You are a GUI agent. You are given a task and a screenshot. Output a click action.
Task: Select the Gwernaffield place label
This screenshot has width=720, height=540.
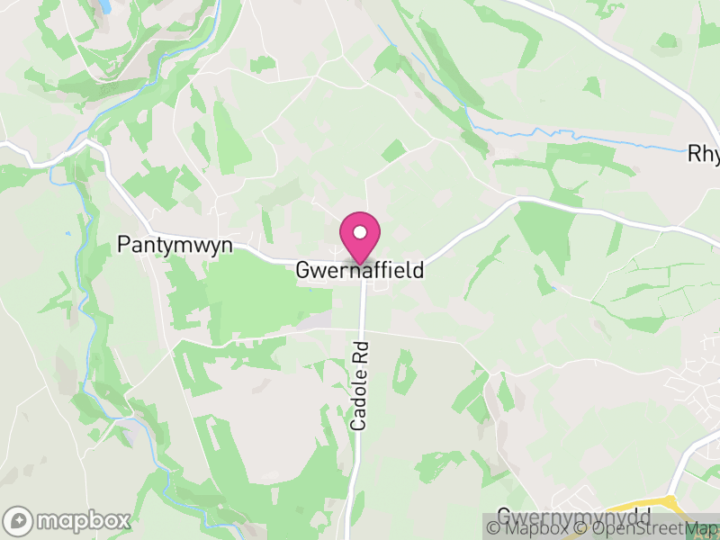click(x=360, y=270)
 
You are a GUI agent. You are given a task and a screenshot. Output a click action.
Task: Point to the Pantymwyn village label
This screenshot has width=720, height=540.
click(x=175, y=245)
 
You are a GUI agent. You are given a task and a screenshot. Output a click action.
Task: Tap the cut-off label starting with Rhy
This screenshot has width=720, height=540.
click(x=703, y=154)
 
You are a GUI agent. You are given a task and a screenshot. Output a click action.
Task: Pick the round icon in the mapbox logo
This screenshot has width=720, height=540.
click(x=19, y=520)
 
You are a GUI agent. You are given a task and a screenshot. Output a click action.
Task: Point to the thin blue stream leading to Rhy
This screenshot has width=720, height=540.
click(x=585, y=140)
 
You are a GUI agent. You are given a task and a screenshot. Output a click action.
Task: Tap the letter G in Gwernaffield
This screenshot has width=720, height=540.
click(x=304, y=270)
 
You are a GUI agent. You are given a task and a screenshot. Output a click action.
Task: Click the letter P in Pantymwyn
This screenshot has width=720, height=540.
click(x=124, y=245)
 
